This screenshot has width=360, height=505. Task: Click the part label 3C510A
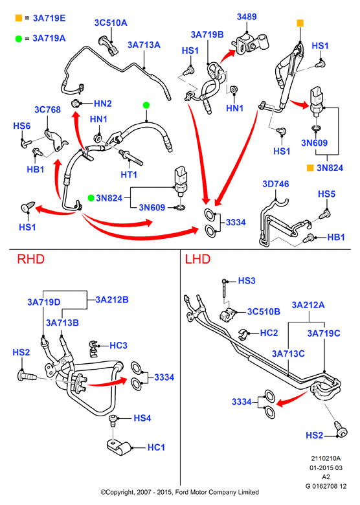click(x=111, y=23)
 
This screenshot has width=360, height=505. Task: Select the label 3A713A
click(x=144, y=45)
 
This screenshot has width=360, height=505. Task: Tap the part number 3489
click(x=247, y=17)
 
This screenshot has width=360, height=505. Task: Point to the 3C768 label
click(x=48, y=110)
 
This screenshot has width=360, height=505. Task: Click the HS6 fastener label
click(x=22, y=126)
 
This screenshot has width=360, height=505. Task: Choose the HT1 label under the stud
click(x=129, y=175)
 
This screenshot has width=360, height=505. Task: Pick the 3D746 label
click(x=276, y=184)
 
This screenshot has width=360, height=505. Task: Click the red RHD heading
click(x=31, y=259)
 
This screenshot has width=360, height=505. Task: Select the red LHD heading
click(x=197, y=259)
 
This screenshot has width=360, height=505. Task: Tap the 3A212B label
click(x=112, y=300)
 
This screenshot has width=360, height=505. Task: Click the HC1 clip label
click(x=156, y=447)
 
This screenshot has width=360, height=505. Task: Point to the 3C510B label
click(x=264, y=312)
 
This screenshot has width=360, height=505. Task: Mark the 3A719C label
click(x=324, y=333)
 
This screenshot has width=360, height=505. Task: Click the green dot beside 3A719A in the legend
click(x=19, y=39)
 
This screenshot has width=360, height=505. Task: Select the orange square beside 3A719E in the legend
click(x=19, y=18)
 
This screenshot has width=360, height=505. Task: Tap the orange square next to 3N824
click(x=310, y=168)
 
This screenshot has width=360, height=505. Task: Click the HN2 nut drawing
click(x=75, y=104)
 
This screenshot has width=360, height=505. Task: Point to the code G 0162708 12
click(x=326, y=486)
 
